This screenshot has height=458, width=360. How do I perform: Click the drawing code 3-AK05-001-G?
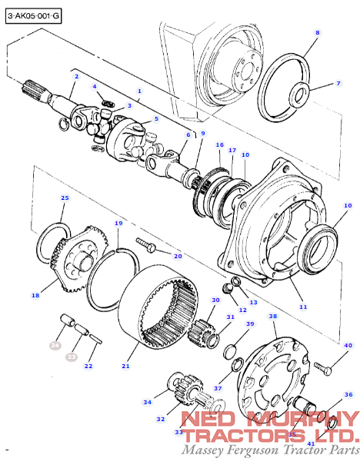click(x=34, y=15)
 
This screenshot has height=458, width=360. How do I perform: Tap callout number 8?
click(x=317, y=33)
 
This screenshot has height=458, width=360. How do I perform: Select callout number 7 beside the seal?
click(x=337, y=83)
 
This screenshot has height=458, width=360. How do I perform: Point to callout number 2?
click(x=76, y=77)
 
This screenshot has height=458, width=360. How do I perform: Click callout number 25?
click(x=65, y=198)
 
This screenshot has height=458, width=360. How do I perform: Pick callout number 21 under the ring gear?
click(x=125, y=367)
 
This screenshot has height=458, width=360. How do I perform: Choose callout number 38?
click(x=272, y=316)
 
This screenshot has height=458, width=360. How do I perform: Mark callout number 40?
click(x=348, y=346)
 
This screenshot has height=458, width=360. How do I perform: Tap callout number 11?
click(x=303, y=307)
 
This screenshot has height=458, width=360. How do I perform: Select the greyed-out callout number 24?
click(x=55, y=347)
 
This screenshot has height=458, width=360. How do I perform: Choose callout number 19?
click(x=118, y=224)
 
